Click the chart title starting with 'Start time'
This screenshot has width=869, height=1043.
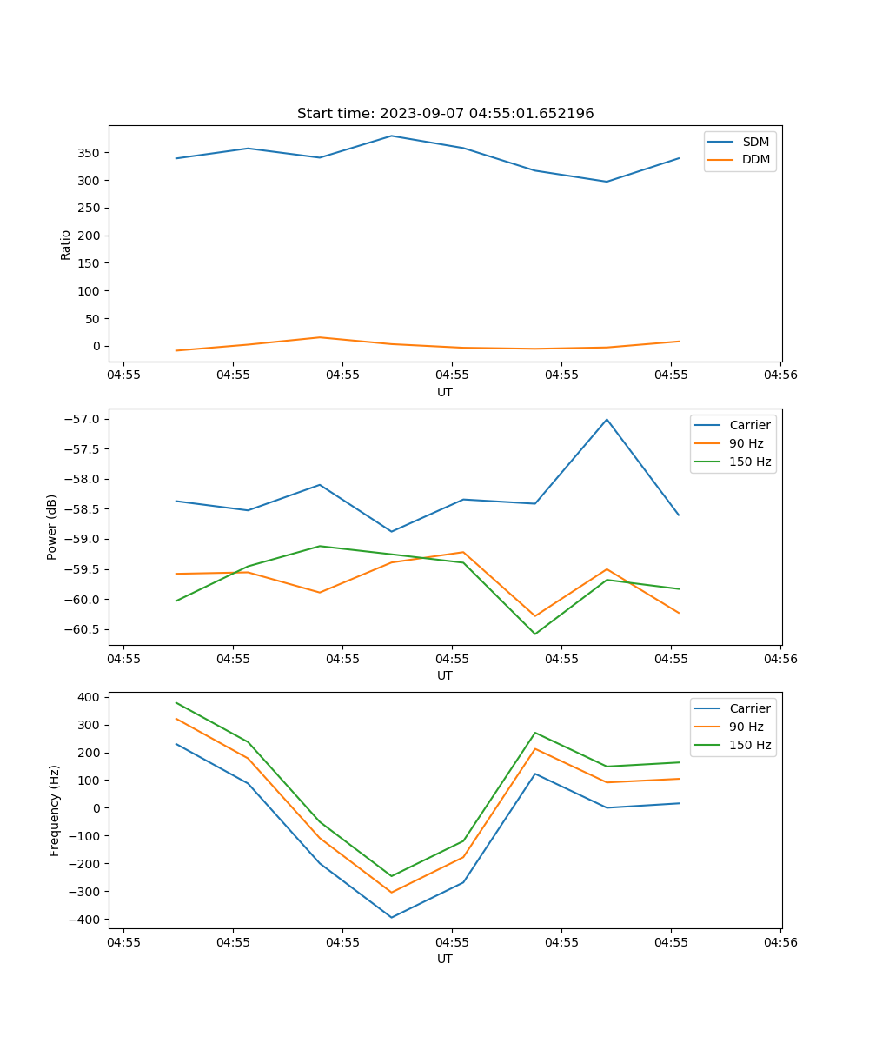pos(445,114)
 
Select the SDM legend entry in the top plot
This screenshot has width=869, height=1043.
pos(755,142)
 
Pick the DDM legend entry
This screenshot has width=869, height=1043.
pos(755,159)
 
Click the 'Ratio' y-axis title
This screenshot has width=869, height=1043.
pos(66,244)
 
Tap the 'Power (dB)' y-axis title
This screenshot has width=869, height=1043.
pos(52,527)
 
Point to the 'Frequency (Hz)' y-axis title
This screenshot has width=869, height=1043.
pos(54,810)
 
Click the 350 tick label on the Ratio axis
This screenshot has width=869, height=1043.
pos(89,153)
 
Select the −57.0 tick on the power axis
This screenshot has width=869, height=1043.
pos(85,419)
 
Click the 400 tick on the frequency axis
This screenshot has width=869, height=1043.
pos(89,697)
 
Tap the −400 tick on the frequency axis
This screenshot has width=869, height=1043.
pos(85,920)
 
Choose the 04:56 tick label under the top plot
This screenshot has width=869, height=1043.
pos(779,375)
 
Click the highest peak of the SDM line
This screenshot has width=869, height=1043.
pos(391,136)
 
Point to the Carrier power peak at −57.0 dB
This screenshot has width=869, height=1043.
pos(607,419)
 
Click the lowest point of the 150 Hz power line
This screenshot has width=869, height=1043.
pos(534,634)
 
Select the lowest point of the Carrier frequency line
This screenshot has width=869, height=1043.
pos(391,917)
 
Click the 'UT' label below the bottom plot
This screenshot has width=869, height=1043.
pos(445,959)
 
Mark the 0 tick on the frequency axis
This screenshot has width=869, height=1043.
pos(96,808)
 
